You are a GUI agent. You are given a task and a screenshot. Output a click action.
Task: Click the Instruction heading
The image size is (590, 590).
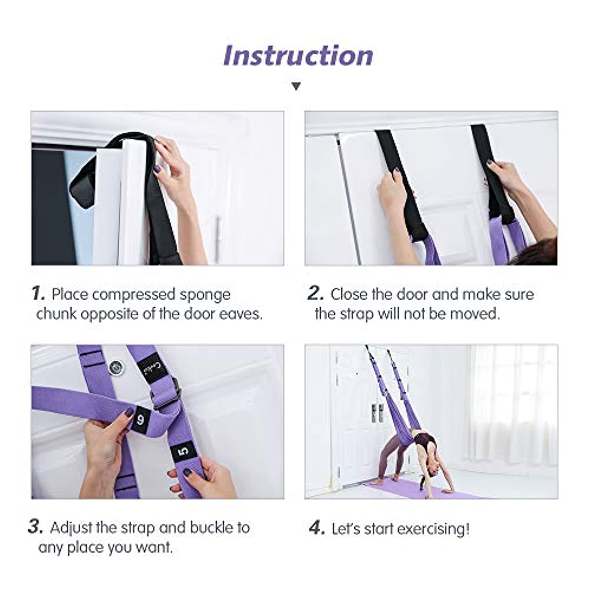pyautogui.click(x=298, y=55)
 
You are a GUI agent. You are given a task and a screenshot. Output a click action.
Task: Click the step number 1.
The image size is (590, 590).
pyautogui.click(x=38, y=293)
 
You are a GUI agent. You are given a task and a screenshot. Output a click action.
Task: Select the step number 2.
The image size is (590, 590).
pyautogui.click(x=316, y=293)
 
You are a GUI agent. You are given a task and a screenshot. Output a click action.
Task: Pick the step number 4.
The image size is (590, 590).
pyautogui.click(x=317, y=528)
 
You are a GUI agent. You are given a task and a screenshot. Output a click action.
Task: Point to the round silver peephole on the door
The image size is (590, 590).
pyautogui.click(x=115, y=367)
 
